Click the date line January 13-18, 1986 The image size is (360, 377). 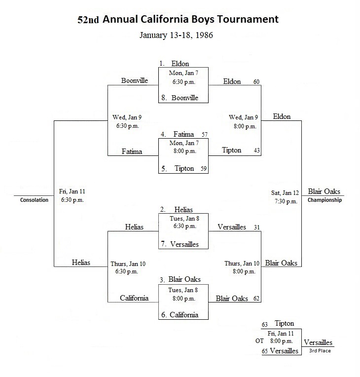pos(176,35)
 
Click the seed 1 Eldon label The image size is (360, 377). pos(174,64)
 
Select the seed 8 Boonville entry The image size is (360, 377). pos(180,98)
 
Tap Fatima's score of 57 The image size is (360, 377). pos(205,134)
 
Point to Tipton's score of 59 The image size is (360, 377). pos(204,169)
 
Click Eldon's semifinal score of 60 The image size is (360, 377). pos(256,82)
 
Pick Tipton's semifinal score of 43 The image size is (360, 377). pos(256,151)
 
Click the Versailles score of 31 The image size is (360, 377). pos(257,227)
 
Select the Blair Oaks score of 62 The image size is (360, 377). pos(256,299)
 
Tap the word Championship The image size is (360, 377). pos(324,200)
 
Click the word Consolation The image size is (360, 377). pos(34,200)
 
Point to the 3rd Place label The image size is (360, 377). pos(320,350)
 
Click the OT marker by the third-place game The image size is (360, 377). pos(259,341)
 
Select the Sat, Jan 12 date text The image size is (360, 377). pos(285,193)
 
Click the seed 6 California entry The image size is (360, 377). pos(180,315)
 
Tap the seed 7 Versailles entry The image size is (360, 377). pos(180,244)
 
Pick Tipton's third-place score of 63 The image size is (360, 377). pos(265,325)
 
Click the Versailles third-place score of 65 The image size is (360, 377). pos(265,351)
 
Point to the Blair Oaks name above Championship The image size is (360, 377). pos(324,191)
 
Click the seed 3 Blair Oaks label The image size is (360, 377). pos(180,279)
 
